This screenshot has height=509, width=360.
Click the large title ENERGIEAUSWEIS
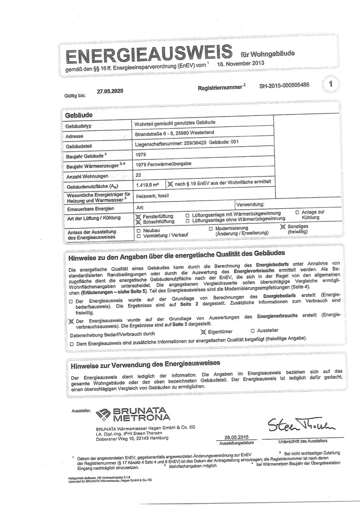(x=145, y=54)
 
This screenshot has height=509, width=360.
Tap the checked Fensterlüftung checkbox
(x=137, y=216)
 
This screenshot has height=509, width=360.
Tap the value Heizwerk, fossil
(x=154, y=195)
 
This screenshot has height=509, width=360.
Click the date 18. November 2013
(x=241, y=65)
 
